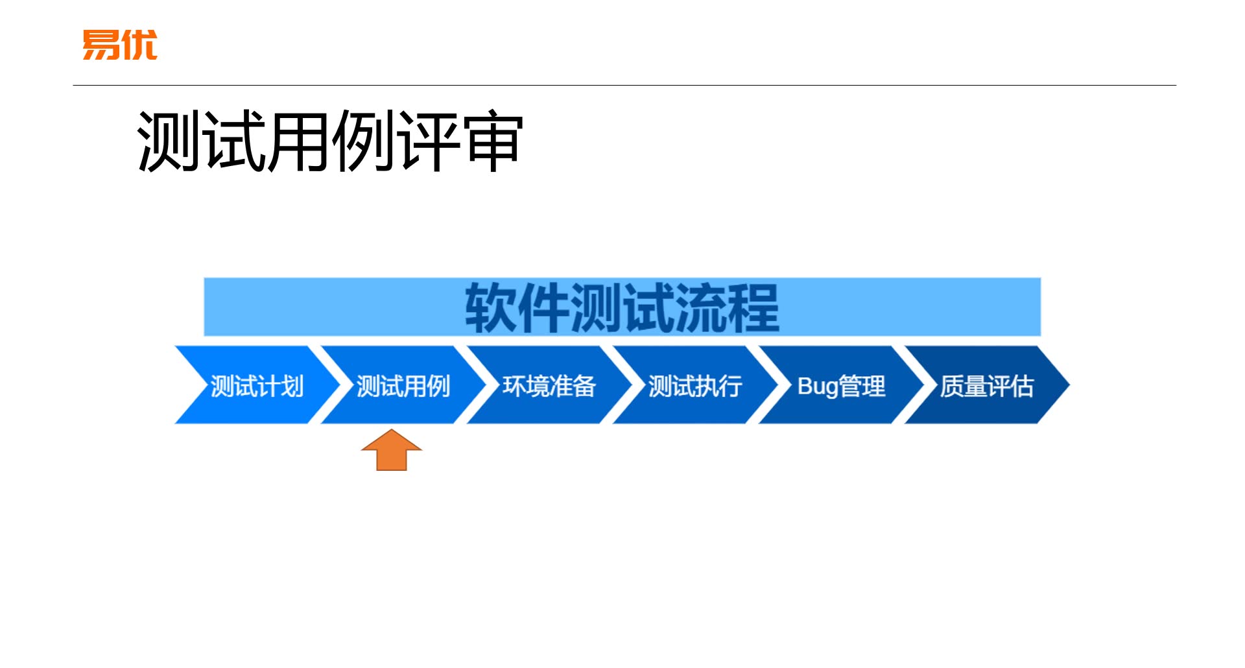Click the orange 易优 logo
click(120, 45)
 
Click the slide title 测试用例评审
click(329, 141)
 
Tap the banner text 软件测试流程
click(622, 308)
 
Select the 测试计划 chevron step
click(257, 386)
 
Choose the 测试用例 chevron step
click(403, 386)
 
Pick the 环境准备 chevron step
click(549, 386)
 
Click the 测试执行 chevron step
click(694, 386)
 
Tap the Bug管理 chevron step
click(841, 386)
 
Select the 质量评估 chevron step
click(986, 386)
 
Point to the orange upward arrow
click(392, 450)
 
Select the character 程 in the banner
click(753, 308)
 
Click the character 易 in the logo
click(101, 45)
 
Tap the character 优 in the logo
click(139, 45)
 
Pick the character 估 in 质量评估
click(1022, 386)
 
